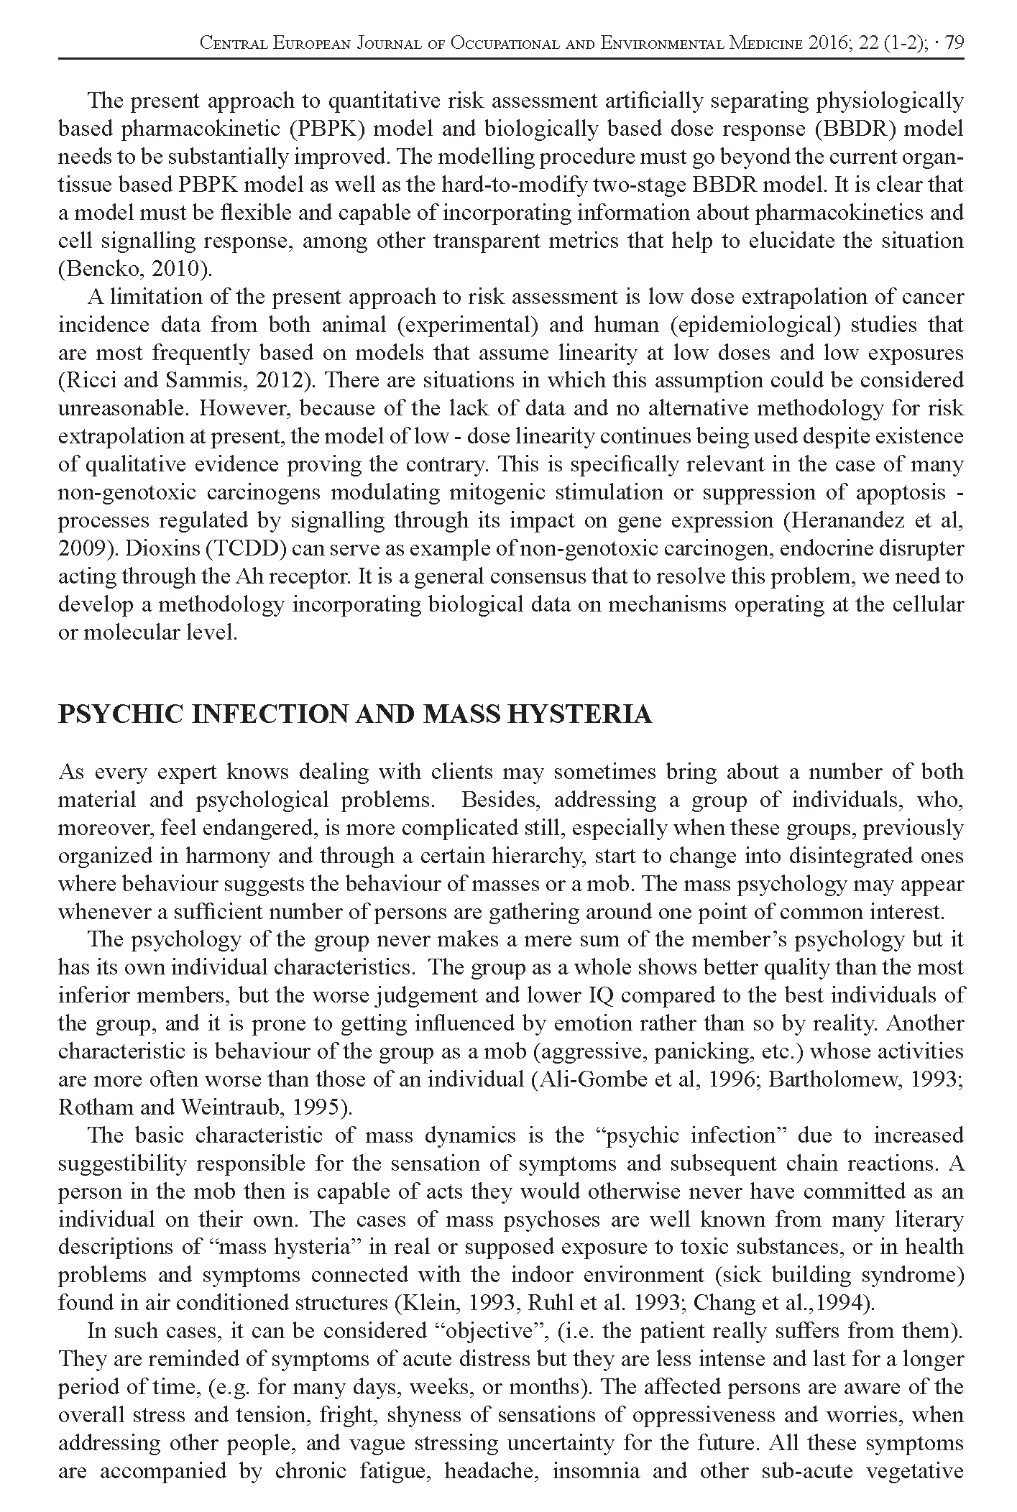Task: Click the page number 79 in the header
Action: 954,43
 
